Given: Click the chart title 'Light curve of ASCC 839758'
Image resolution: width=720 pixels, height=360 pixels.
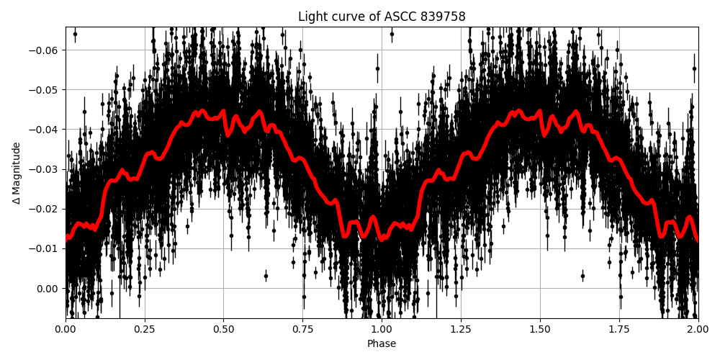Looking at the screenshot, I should [382, 17].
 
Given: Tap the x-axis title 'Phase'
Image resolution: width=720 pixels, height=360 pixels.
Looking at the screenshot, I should [382, 344].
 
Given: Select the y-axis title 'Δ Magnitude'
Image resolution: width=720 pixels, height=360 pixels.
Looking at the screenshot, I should [16, 173].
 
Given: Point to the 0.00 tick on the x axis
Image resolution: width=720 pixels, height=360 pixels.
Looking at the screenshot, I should [66, 329].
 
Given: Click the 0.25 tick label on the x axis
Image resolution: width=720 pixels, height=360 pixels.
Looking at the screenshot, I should [145, 329].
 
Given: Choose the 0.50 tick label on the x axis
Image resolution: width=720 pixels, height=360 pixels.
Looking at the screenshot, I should [224, 329].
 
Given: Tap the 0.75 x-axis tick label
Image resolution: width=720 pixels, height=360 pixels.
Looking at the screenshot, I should [303, 329].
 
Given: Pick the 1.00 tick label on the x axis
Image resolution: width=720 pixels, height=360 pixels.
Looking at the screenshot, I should [382, 329].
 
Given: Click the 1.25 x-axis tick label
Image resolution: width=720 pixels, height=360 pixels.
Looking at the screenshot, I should [461, 329].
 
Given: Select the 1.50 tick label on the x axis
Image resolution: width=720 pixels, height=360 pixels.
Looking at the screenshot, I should [540, 329].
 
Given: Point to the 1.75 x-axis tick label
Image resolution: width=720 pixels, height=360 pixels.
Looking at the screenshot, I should [619, 329].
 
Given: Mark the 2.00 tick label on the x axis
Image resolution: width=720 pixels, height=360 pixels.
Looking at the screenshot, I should [698, 329].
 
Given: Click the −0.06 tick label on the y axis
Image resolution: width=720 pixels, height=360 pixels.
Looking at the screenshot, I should [45, 50].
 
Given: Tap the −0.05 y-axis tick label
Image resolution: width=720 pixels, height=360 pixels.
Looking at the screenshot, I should [45, 90].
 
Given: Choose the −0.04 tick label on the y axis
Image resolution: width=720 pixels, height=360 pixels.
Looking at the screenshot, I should [45, 130].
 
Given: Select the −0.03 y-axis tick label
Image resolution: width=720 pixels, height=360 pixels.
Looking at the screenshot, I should [45, 169].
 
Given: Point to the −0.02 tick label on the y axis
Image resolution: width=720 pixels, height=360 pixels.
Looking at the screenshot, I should [45, 209].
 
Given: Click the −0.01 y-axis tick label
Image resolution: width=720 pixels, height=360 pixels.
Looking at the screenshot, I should [45, 249].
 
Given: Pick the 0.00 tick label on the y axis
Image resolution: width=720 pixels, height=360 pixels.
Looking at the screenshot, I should [48, 289].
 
